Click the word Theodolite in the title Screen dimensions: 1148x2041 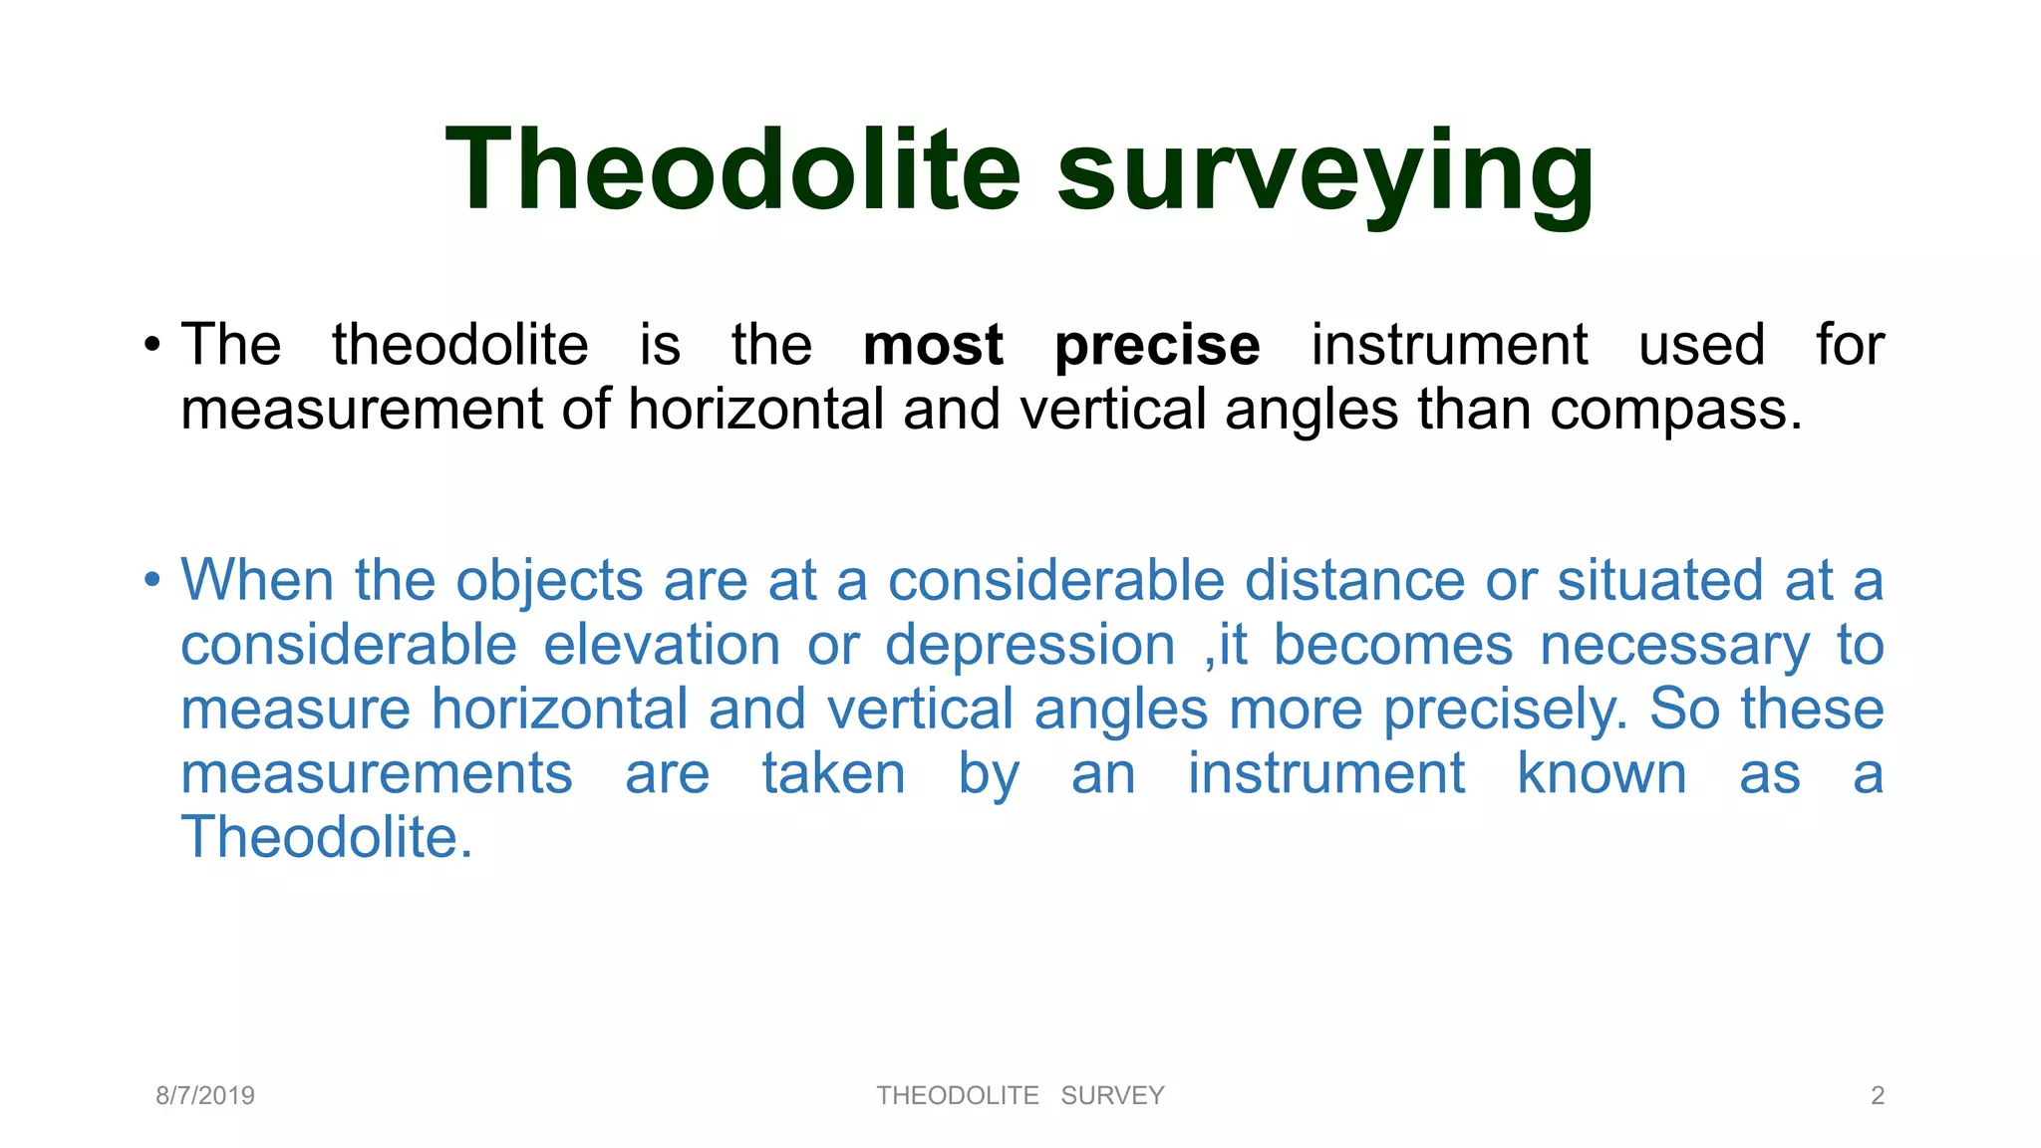click(x=732, y=169)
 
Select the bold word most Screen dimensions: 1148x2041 click(x=933, y=346)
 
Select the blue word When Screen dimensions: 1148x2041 click(x=257, y=580)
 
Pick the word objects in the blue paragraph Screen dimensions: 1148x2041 click(x=549, y=582)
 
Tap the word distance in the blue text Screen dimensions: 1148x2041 click(x=1354, y=580)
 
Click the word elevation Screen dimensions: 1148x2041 click(x=662, y=645)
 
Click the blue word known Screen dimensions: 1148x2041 click(x=1602, y=773)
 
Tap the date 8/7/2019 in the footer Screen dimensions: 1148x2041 click(x=205, y=1096)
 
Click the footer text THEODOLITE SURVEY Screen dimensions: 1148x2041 click(x=1020, y=1096)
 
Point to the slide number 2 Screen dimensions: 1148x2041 click(x=1878, y=1096)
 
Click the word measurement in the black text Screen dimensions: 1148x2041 click(x=362, y=411)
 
